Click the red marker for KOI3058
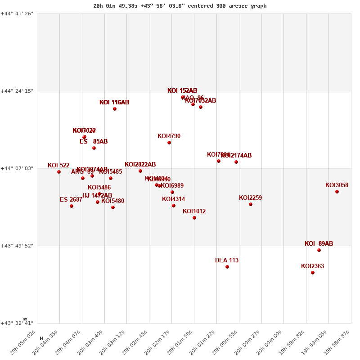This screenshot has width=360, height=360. tap(337, 192)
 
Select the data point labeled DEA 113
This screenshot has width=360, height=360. tap(227, 267)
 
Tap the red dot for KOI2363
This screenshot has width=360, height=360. tap(313, 273)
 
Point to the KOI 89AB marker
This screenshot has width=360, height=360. tap(319, 250)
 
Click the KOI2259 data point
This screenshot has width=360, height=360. tap(251, 204)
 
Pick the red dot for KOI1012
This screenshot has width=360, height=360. tap(194, 218)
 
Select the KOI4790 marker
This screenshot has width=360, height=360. tap(169, 143)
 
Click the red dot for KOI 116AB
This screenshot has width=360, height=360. tap(115, 109)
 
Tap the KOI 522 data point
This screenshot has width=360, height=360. tap(59, 172)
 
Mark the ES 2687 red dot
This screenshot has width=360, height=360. tap(72, 206)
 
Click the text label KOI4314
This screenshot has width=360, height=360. tap(173, 199)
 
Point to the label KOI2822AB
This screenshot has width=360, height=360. tap(140, 165)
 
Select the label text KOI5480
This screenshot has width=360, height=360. tap(112, 201)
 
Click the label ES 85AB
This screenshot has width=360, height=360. tap(94, 142)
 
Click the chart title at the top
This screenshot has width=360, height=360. tap(180, 6)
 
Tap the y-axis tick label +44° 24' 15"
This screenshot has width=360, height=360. tap(17, 91)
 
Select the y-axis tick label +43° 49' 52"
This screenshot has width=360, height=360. tap(17, 246)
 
